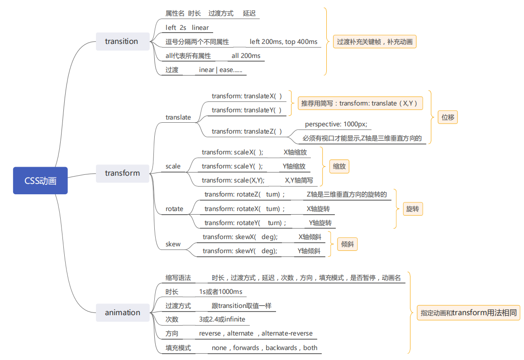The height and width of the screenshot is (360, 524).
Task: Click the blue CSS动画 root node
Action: [x=40, y=181]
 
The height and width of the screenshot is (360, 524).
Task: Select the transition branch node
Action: [x=122, y=42]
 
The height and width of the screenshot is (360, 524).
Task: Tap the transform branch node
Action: [x=122, y=173]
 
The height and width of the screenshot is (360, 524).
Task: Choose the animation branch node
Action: [x=122, y=312]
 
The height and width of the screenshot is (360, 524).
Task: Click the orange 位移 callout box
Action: [x=448, y=117]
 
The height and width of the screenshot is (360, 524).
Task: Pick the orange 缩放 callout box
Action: [x=339, y=166]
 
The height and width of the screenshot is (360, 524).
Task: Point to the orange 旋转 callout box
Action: [x=412, y=209]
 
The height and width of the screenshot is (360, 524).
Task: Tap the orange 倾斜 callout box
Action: [x=348, y=245]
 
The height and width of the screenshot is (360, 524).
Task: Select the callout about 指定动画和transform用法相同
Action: [x=468, y=312]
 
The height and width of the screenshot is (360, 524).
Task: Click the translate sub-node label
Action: [x=178, y=117]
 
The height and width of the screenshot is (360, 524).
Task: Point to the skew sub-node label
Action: [x=173, y=244]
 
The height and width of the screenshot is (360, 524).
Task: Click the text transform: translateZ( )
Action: [x=247, y=131]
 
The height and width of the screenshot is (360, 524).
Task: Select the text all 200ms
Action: [x=246, y=56]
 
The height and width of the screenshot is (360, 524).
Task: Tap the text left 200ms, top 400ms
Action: [x=283, y=42]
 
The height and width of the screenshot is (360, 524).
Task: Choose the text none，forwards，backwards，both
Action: [x=264, y=348]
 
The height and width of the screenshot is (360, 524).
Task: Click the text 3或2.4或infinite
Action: [x=222, y=319]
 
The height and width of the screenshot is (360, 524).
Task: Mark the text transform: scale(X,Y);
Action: [x=233, y=180]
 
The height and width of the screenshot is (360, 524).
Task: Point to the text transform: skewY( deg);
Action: [x=239, y=251]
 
